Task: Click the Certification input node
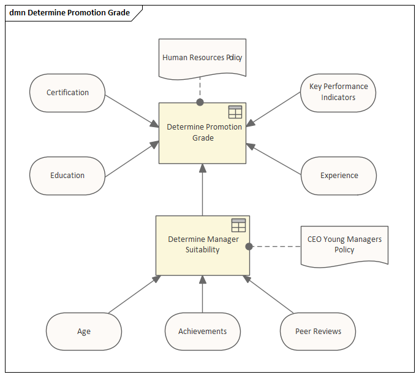tap(67, 93)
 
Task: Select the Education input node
tap(67, 176)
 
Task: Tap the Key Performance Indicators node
tap(338, 93)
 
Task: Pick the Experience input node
tap(339, 176)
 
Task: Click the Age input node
tap(84, 332)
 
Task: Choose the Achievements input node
tap(203, 332)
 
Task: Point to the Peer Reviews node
tap(318, 332)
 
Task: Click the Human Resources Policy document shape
tap(202, 59)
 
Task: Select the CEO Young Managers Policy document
tap(344, 246)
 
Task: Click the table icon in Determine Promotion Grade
tap(235, 112)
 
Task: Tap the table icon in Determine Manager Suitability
tap(238, 225)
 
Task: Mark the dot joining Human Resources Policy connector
tap(200, 102)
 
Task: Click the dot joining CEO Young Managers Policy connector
tap(249, 246)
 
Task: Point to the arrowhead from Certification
tap(155, 124)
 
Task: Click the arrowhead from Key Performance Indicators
tap(251, 123)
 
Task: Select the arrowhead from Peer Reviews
tap(247, 279)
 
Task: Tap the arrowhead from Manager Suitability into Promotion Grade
tap(203, 168)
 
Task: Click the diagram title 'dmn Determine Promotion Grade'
tap(69, 12)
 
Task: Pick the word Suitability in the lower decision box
tap(203, 250)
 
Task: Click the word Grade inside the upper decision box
tap(203, 138)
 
